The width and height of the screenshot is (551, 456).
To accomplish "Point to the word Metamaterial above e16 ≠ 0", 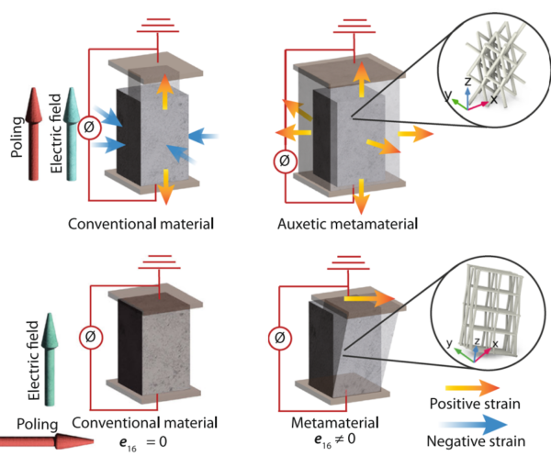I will tap(332, 423).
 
